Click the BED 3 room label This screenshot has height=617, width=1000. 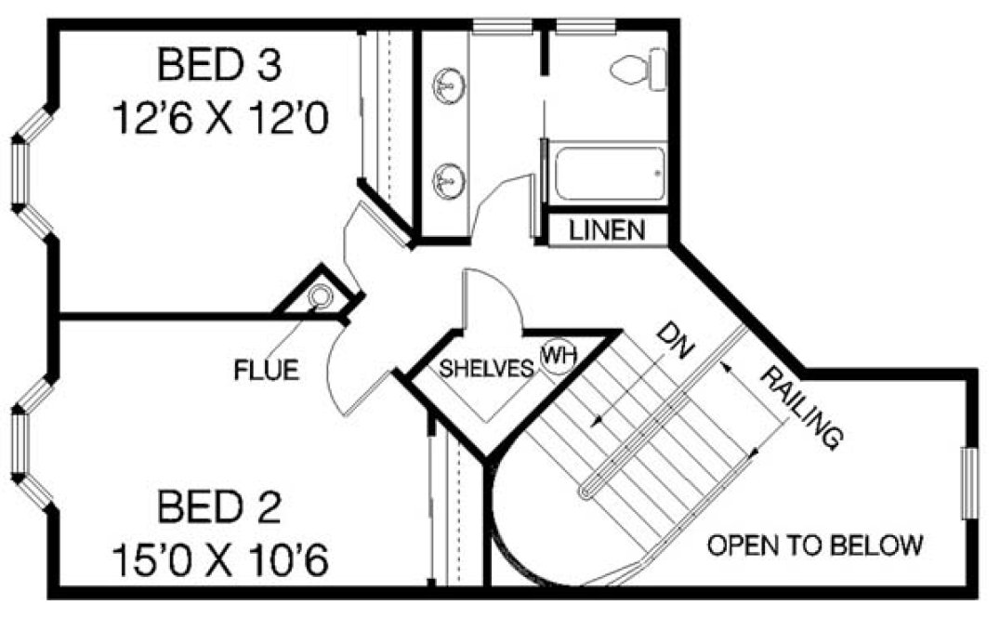(218, 66)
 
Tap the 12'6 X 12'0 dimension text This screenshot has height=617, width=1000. (220, 119)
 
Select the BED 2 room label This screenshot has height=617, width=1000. (218, 508)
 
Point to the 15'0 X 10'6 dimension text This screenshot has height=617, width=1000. (220, 561)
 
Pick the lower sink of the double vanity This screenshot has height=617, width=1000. (447, 177)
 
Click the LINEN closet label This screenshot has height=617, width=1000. (608, 230)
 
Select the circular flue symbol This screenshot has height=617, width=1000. (320, 297)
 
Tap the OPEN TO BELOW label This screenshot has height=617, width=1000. (815, 545)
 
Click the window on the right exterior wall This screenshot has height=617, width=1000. (969, 483)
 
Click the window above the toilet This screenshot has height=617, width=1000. (586, 25)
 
